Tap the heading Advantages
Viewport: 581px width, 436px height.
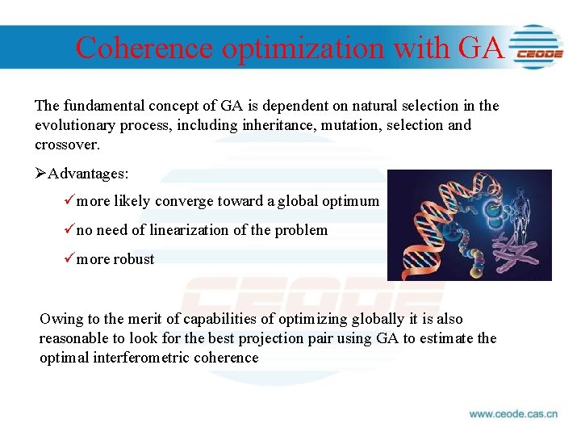click(88, 174)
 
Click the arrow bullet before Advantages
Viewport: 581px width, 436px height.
click(41, 174)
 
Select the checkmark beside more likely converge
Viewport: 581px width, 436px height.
click(68, 201)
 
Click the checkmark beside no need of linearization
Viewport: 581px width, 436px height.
click(68, 230)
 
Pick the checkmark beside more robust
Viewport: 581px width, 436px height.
click(68, 259)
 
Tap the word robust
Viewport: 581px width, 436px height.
click(134, 259)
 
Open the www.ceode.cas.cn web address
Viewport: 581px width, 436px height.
click(513, 414)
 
